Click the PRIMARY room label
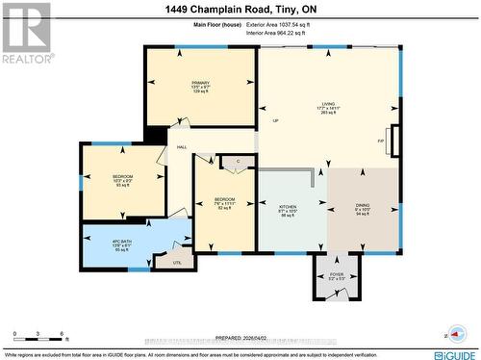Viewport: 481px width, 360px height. [200, 83]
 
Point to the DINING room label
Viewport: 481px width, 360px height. [363, 207]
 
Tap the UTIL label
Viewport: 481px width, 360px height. [176, 262]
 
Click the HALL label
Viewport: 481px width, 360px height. [181, 147]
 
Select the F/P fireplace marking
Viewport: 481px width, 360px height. [381, 141]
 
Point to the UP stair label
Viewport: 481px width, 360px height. [275, 121]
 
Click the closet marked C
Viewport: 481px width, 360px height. [237, 159]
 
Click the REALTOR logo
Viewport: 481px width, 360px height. [25, 32]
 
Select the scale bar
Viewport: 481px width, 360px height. [38, 340]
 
